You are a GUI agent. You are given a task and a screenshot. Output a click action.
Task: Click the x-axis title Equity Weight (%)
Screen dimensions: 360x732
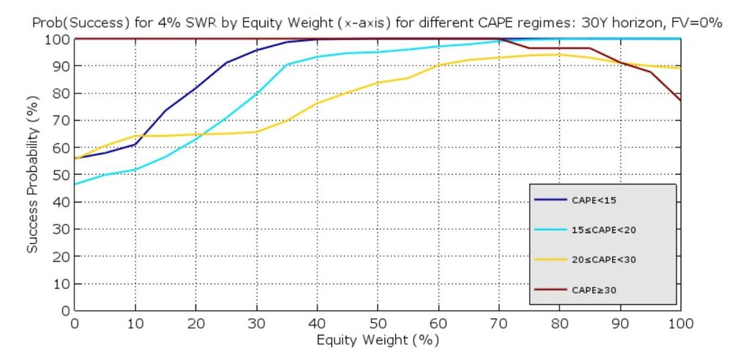[x=378, y=340]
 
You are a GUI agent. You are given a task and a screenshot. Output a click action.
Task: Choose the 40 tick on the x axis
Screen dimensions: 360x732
[x=317, y=323]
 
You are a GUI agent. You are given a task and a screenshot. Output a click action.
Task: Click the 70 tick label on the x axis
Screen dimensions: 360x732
[x=498, y=323]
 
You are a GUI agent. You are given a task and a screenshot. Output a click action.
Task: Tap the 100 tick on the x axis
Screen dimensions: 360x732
[x=680, y=323]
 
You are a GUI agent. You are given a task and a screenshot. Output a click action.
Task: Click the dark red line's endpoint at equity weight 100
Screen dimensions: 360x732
[x=680, y=100]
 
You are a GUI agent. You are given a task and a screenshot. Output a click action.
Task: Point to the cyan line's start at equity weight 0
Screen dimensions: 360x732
[x=75, y=184]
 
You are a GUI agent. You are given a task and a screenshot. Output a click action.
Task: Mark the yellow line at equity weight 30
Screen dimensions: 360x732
[x=256, y=132]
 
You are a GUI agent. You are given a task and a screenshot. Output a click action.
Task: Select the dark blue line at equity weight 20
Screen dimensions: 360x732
[x=195, y=88]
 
